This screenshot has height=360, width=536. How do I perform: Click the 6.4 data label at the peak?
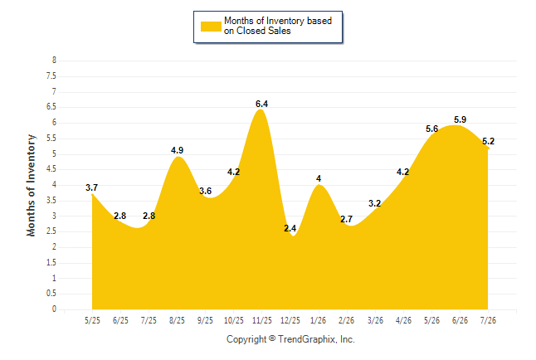[x=262, y=104]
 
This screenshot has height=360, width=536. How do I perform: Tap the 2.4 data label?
[x=290, y=228]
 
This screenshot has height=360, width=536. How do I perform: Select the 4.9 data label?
[x=177, y=150]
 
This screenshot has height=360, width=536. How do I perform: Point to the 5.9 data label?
[x=460, y=119]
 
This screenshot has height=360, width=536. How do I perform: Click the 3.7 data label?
[x=91, y=187]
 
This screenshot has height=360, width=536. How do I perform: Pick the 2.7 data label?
[x=346, y=219]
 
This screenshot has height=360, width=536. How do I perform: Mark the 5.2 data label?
[x=489, y=141]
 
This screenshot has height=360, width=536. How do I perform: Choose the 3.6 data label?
[x=206, y=191]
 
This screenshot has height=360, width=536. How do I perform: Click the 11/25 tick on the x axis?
[x=262, y=320]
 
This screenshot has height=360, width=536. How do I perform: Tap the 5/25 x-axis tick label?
[x=92, y=320]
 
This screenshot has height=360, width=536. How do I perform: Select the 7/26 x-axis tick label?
[x=488, y=320]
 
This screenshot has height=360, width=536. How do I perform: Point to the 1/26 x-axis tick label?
[x=319, y=320]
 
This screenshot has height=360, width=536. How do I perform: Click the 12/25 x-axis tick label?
[x=290, y=320]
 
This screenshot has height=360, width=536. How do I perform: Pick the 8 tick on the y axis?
[x=54, y=61]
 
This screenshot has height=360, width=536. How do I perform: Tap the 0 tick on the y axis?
[x=54, y=309]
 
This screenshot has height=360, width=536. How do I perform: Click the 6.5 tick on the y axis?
[x=51, y=107]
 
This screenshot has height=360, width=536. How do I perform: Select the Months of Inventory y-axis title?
[x=31, y=185]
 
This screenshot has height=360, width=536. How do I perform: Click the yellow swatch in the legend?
[x=211, y=27]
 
